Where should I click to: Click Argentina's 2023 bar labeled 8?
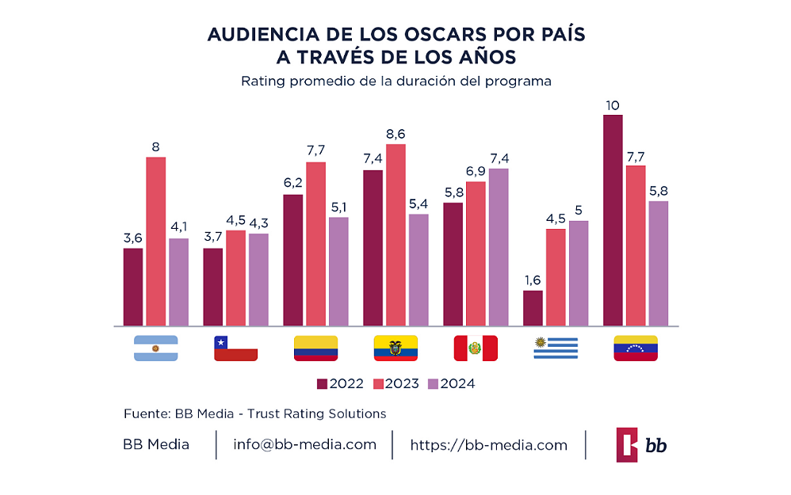pos(156,242)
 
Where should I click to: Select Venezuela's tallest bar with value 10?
pos(613,220)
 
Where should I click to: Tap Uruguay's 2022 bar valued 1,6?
pos(533,308)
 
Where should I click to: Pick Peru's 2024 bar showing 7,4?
pos(499,247)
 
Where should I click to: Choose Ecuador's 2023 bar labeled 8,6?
pos(395,235)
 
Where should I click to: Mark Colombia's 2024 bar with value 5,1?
pos(338,272)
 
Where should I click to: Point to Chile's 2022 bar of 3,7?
pos(213,287)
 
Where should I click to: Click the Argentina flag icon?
pos(156,348)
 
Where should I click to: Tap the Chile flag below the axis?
pos(235,348)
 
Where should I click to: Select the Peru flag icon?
pos(475,348)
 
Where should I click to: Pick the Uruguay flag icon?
pos(556,348)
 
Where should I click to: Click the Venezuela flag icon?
pos(636,348)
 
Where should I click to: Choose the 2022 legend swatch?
pos(322,384)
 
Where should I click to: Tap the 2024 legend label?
pos(458,384)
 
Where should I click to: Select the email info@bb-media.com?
pos(304,444)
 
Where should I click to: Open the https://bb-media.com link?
pos(488,445)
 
